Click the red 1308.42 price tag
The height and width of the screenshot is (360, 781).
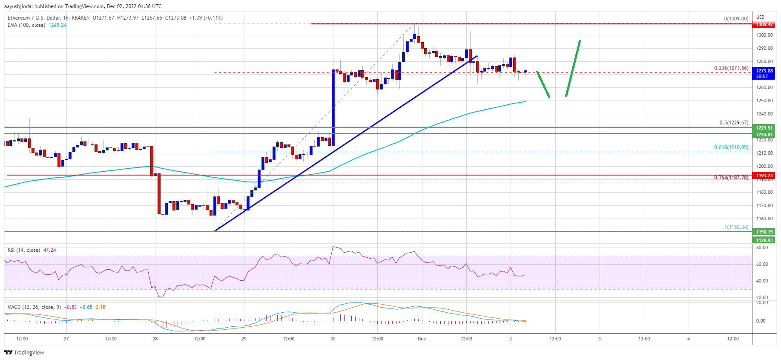(x=764, y=25)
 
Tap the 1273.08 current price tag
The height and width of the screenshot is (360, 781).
(x=764, y=71)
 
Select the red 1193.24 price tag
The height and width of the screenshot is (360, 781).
(x=764, y=176)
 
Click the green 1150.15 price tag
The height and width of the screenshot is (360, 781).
(x=764, y=232)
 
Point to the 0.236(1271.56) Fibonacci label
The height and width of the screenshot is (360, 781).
(x=731, y=68)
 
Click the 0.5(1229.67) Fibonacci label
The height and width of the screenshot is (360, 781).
(x=734, y=123)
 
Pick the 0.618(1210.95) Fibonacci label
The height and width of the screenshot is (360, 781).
(x=731, y=147)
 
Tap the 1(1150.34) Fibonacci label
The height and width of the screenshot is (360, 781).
(x=736, y=227)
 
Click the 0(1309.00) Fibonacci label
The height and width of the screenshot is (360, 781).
(x=736, y=19)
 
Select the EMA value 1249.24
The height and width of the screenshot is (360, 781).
(x=57, y=25)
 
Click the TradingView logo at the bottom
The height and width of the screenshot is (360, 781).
(x=24, y=352)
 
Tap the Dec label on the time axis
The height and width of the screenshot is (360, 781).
(x=422, y=339)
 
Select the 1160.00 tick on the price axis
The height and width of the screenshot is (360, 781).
(x=764, y=219)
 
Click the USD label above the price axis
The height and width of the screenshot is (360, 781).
(x=760, y=17)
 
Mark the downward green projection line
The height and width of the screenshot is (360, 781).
(x=543, y=84)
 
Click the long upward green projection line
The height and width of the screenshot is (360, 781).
(x=573, y=68)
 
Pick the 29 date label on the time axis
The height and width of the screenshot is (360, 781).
(x=244, y=339)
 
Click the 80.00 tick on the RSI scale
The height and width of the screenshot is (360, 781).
(x=762, y=248)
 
